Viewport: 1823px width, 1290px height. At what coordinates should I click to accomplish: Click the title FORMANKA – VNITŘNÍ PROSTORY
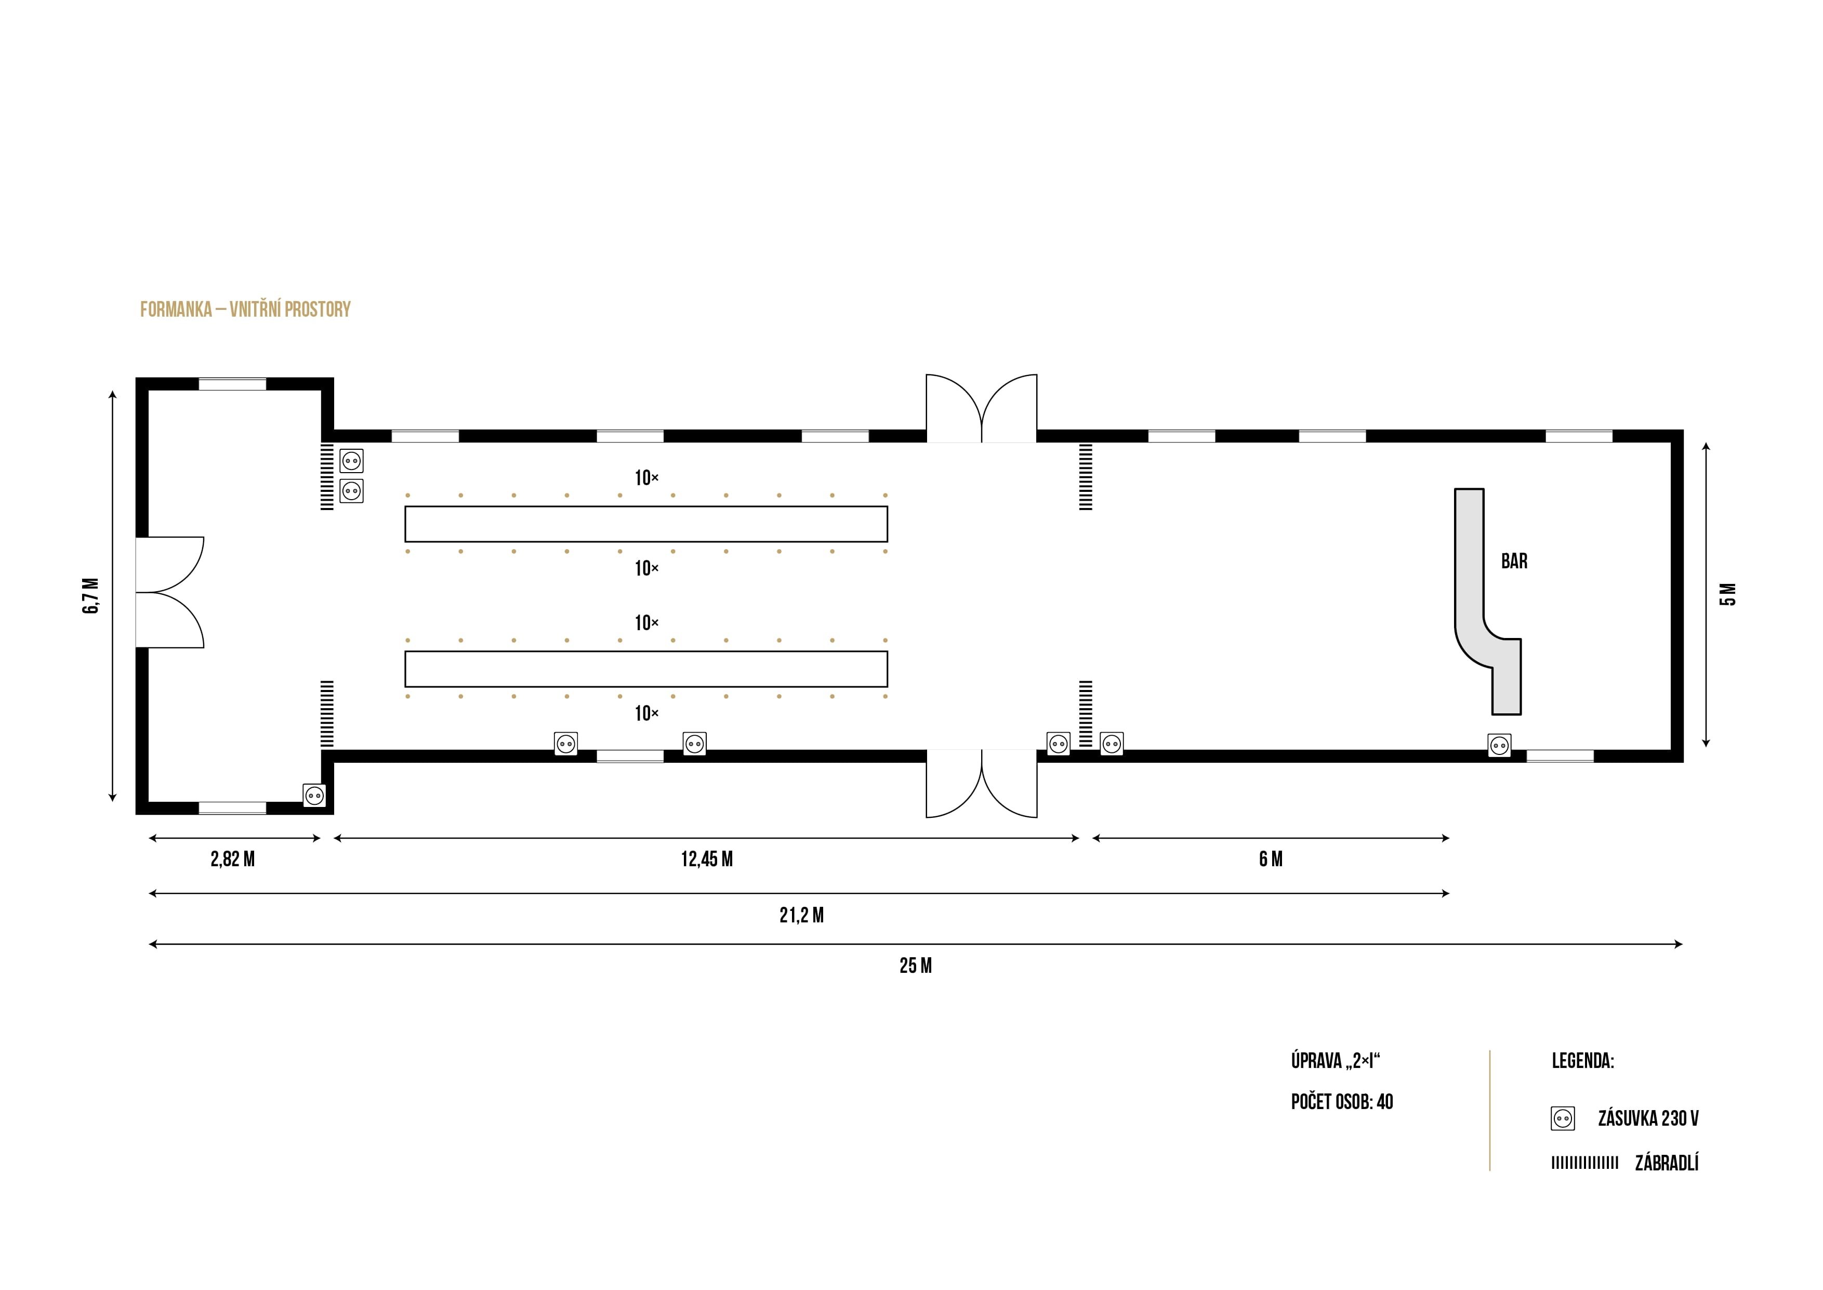pyautogui.click(x=245, y=310)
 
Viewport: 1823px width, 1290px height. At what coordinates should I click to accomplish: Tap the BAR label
pyautogui.click(x=1514, y=562)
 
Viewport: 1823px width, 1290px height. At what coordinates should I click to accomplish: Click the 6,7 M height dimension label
pyautogui.click(x=91, y=596)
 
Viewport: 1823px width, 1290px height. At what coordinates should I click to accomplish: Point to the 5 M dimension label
pyautogui.click(x=1728, y=594)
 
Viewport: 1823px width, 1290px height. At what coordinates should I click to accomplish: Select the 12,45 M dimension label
pyautogui.click(x=707, y=859)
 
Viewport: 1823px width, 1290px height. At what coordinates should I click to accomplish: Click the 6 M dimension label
pyautogui.click(x=1271, y=859)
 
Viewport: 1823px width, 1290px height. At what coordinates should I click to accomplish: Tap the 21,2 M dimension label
pyautogui.click(x=801, y=916)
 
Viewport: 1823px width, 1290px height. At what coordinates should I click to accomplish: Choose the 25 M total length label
pyautogui.click(x=916, y=966)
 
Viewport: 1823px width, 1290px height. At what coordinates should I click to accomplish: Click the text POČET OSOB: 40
pyautogui.click(x=1342, y=1102)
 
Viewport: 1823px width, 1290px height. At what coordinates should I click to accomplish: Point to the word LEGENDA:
pyautogui.click(x=1582, y=1061)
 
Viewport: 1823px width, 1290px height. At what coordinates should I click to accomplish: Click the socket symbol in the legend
pyautogui.click(x=1563, y=1119)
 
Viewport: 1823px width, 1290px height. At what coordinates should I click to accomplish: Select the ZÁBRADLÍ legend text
pyautogui.click(x=1667, y=1164)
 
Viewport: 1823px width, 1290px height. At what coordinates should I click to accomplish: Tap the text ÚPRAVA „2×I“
pyautogui.click(x=1336, y=1061)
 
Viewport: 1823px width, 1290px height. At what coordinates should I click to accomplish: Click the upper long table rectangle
pyautogui.click(x=645, y=524)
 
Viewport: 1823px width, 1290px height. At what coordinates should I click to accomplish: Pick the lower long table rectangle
pyautogui.click(x=645, y=669)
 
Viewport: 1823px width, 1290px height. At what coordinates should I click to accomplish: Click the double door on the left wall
pyautogui.click(x=169, y=593)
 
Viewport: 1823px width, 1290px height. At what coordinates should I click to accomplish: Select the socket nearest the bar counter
pyautogui.click(x=1499, y=746)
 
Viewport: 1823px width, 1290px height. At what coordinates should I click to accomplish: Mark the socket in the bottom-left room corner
pyautogui.click(x=314, y=795)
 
